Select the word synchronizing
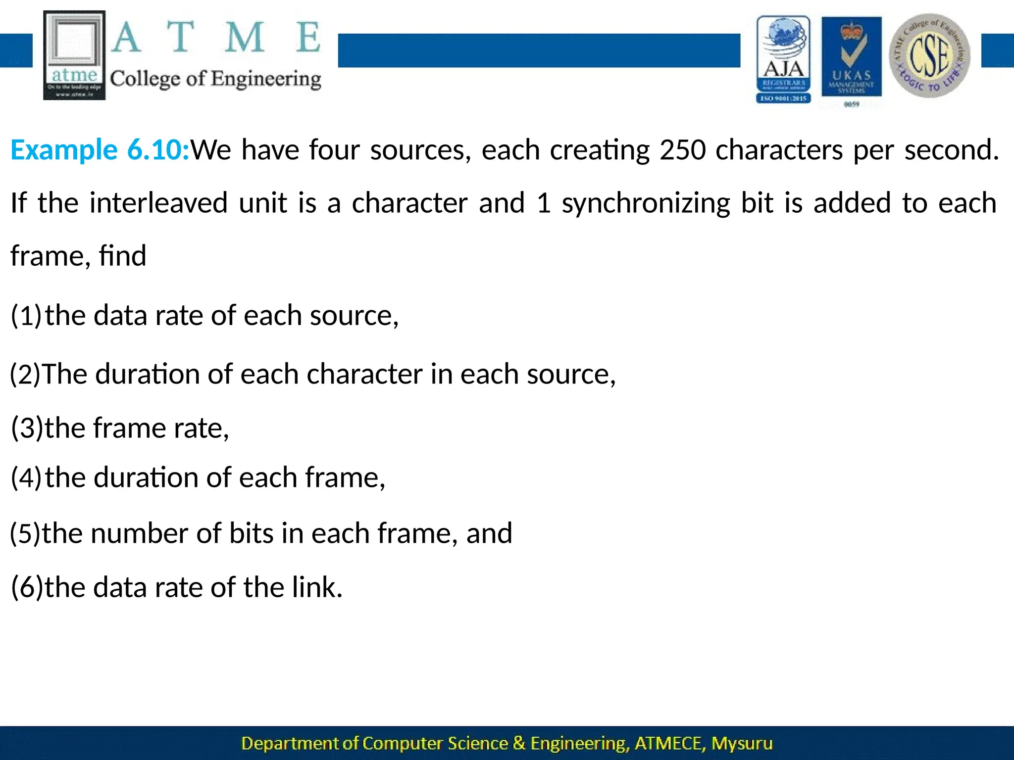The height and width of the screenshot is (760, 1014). (646, 203)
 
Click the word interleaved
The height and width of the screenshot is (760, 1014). (158, 203)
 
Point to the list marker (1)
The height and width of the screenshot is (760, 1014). (26, 316)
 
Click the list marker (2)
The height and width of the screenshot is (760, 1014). (25, 374)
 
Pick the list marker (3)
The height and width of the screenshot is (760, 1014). (27, 428)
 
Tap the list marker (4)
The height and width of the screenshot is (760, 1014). (26, 478)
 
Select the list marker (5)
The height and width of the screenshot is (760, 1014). (25, 534)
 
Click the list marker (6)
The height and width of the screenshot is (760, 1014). (27, 588)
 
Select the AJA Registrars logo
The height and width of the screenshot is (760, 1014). (783, 59)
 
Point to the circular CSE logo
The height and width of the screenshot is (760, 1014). (929, 55)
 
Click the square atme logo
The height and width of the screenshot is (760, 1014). (74, 55)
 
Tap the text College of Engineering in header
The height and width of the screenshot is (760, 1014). (215, 79)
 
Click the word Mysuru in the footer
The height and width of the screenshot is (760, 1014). (742, 744)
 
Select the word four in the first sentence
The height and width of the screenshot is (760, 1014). (334, 150)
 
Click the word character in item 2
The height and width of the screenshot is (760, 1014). (364, 374)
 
